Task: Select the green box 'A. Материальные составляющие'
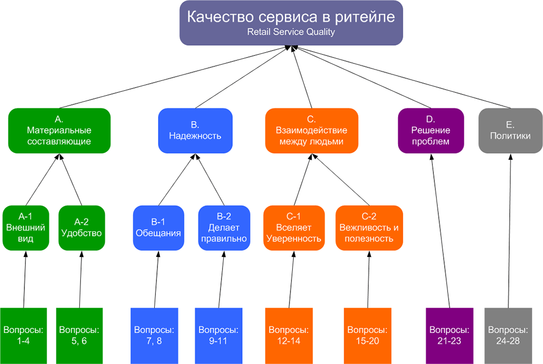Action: (59, 130)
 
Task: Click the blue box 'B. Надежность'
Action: (195, 130)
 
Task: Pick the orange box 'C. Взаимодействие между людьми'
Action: (312, 130)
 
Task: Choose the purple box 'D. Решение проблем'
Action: (431, 130)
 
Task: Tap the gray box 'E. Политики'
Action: (510, 130)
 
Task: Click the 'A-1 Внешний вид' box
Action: (25, 228)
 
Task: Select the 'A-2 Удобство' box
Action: (81, 228)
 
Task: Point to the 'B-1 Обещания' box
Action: (157, 228)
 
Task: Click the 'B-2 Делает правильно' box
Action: (223, 228)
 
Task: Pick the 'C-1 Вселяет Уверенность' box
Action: (293, 228)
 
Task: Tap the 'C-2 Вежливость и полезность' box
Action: (369, 228)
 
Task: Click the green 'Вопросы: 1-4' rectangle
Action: (23, 335)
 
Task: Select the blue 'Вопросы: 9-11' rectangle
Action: (218, 335)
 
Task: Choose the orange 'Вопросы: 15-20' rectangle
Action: (368, 335)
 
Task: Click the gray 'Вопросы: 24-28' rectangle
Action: (508, 335)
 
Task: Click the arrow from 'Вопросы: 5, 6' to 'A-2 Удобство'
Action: (80, 280)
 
